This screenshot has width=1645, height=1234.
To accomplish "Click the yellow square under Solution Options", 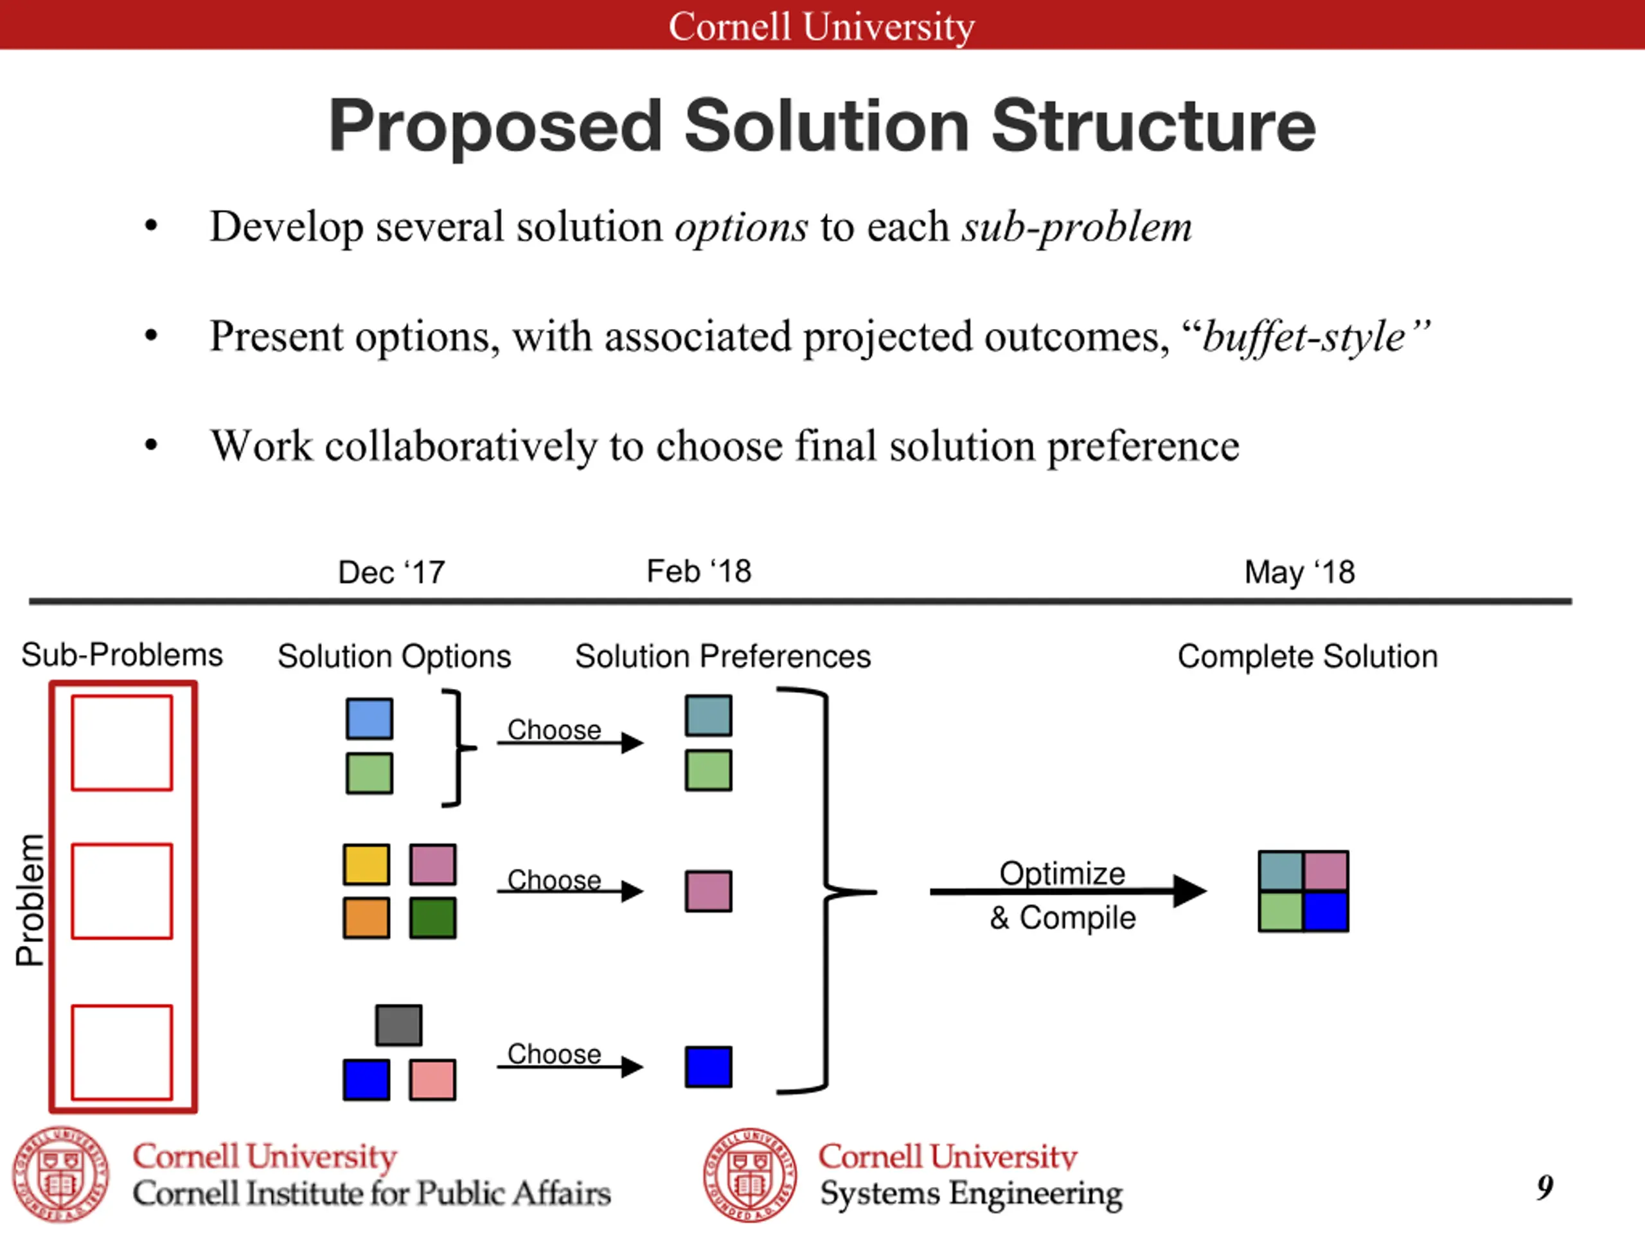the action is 366,864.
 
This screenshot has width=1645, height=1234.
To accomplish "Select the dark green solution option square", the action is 433,918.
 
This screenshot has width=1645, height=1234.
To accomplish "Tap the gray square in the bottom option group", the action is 398,1025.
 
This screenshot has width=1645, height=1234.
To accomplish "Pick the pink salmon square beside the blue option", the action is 433,1079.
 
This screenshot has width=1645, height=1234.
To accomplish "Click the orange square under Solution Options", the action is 366,918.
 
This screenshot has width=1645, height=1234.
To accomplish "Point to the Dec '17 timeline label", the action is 391,573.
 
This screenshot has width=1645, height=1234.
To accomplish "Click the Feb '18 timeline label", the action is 699,571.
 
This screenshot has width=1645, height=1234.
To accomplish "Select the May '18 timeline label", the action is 1300,573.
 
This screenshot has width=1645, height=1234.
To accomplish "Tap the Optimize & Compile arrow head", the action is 1190,891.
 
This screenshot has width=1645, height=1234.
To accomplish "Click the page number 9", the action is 1545,1187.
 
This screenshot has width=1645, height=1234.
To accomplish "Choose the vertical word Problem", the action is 30,900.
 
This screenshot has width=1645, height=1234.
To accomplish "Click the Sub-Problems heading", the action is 122,656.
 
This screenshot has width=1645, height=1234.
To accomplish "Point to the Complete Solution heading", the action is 1308,657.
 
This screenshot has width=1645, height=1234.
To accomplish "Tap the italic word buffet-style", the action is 1304,337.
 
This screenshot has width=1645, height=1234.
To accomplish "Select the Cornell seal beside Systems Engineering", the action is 750,1176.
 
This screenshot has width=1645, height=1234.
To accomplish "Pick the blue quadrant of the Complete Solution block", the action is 1326,912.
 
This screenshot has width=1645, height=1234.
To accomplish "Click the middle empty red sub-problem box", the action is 122,891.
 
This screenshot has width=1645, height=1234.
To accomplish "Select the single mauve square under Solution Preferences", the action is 708,891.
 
